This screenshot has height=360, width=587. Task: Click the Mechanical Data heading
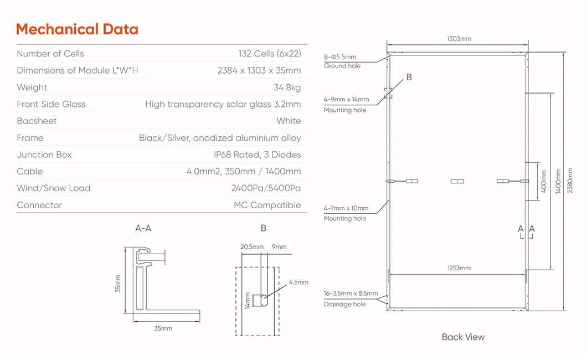77,29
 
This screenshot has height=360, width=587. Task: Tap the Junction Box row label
44,155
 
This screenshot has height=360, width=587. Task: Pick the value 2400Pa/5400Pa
266,188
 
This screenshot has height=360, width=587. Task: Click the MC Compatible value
267,205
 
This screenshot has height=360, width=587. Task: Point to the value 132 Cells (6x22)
270,54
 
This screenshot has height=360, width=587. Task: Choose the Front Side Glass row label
51,104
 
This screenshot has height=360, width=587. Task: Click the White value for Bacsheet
289,121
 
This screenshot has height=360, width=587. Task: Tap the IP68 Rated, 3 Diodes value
258,155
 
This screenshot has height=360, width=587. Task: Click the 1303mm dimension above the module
459,39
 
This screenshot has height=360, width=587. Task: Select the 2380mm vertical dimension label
570,181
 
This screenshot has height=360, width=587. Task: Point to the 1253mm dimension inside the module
459,268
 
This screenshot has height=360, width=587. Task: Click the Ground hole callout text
342,66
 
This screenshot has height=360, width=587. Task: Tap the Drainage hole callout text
344,305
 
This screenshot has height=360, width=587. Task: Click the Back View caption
463,337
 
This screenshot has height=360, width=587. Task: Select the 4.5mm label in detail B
298,282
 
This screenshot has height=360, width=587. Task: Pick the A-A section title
143,228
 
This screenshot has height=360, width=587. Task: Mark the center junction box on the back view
457,181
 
